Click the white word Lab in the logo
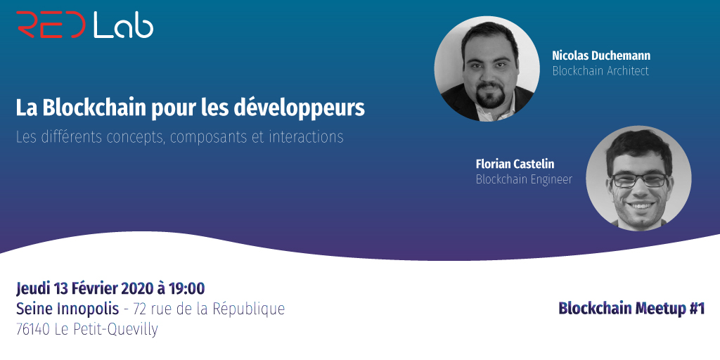(x=123, y=25)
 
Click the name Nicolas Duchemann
(x=600, y=56)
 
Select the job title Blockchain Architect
(x=600, y=71)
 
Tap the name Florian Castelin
(x=515, y=164)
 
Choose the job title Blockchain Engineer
(x=524, y=179)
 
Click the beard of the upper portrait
(x=491, y=96)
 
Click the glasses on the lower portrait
(x=638, y=180)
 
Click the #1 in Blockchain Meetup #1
(x=696, y=308)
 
